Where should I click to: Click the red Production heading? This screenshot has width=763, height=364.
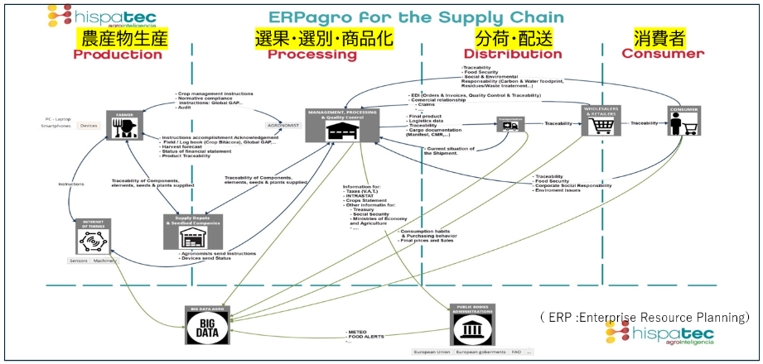pyautogui.click(x=118, y=55)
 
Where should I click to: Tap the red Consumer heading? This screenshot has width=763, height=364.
pyautogui.click(x=663, y=55)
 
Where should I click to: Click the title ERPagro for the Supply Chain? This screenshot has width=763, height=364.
pyautogui.click(x=415, y=17)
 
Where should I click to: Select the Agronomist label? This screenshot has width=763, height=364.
pyautogui.click(x=282, y=125)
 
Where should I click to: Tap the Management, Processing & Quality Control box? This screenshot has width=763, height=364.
pyautogui.click(x=340, y=124)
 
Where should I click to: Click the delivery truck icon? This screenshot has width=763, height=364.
pyautogui.click(x=510, y=125)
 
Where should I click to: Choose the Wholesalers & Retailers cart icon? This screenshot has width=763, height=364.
pyautogui.click(x=602, y=122)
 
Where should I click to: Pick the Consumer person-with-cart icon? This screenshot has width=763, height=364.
pyautogui.click(x=685, y=123)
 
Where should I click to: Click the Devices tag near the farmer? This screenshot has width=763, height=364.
pyautogui.click(x=89, y=127)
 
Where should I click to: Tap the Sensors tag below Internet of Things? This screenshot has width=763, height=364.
pyautogui.click(x=80, y=261)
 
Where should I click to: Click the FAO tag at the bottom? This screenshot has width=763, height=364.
pyautogui.click(x=515, y=352)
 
